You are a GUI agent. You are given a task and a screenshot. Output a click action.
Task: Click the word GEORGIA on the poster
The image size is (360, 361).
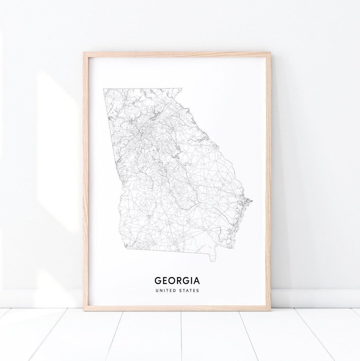coord(177,279)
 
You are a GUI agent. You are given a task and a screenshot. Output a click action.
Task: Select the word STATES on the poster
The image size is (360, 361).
coord(189,290)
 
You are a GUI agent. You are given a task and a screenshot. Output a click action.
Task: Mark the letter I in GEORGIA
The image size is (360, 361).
coord(191,279)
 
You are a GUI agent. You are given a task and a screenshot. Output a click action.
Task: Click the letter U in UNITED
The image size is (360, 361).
coord(156,290)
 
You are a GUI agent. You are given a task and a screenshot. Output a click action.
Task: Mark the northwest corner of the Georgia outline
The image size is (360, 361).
coord(104,89)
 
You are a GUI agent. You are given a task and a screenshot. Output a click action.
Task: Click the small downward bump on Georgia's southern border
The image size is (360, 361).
coord(212,258)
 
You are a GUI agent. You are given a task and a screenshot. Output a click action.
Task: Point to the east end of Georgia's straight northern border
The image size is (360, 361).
coord(182,89)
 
